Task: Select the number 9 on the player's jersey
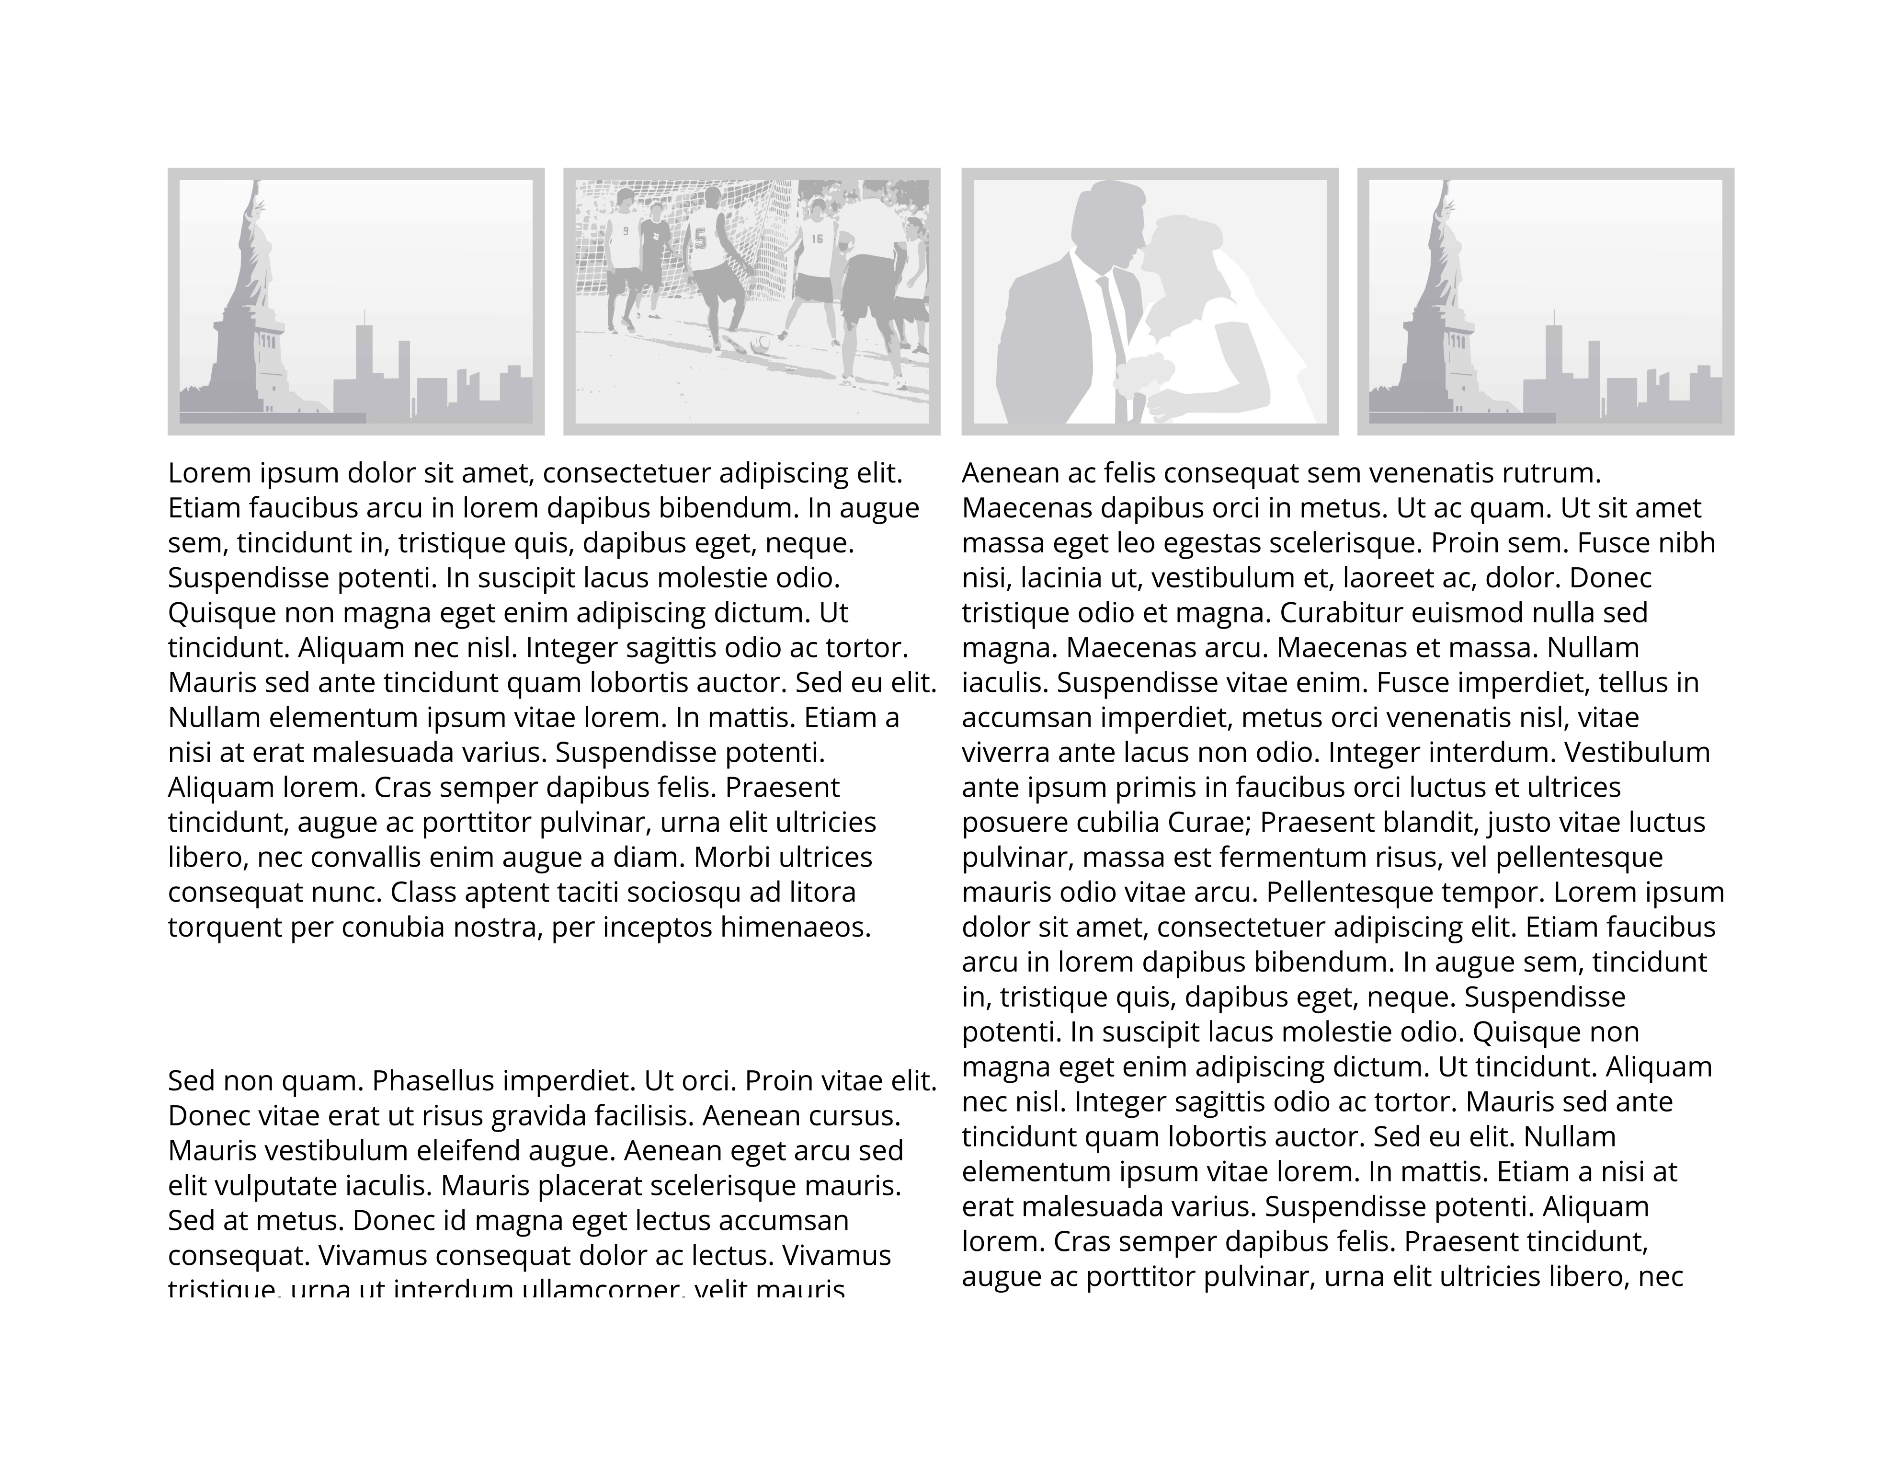pos(625,232)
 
